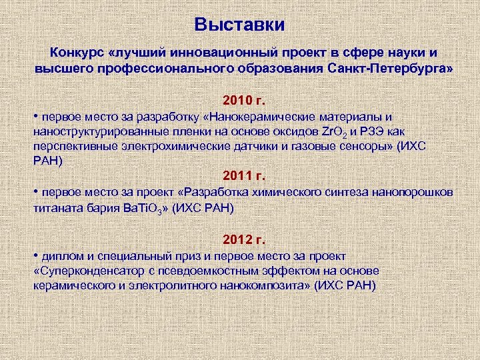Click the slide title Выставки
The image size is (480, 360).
coord(239,25)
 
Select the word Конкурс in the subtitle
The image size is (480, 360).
coord(75,53)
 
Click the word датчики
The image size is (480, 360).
coord(245,146)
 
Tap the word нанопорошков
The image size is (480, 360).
coord(414,193)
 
